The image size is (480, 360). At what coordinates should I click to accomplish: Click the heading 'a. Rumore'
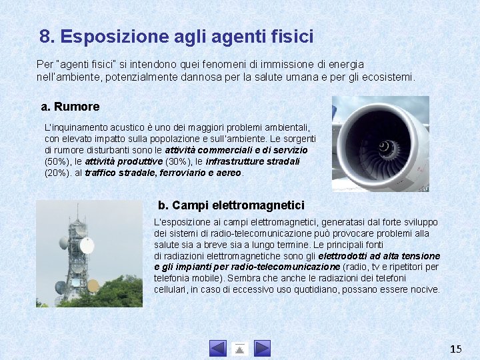click(70, 107)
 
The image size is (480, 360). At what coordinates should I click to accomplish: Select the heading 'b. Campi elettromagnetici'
click(231, 205)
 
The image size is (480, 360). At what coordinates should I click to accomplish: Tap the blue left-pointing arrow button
click(218, 348)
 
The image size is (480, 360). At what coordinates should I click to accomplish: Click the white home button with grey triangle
click(240, 348)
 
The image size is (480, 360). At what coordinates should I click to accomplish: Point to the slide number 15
click(456, 349)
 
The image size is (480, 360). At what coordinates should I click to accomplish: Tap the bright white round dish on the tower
click(87, 245)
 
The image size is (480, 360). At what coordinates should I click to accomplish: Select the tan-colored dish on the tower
click(93, 285)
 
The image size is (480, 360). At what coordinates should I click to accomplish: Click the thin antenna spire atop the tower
click(77, 210)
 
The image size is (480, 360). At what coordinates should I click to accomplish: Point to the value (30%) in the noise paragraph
click(177, 161)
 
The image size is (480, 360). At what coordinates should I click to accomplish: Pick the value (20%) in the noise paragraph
click(56, 173)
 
